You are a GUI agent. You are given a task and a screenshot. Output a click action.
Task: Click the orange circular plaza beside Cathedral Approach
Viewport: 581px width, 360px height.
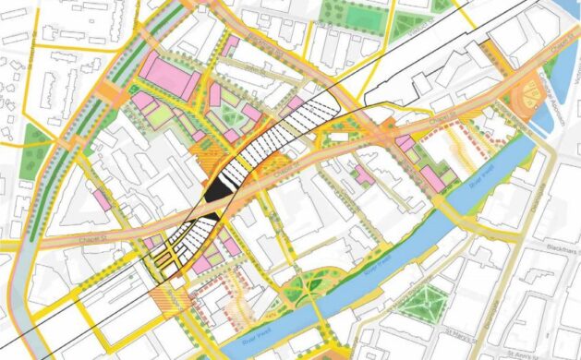click(x=534, y=94)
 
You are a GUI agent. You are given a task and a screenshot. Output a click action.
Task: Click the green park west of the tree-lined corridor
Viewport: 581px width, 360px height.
click(x=37, y=142)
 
